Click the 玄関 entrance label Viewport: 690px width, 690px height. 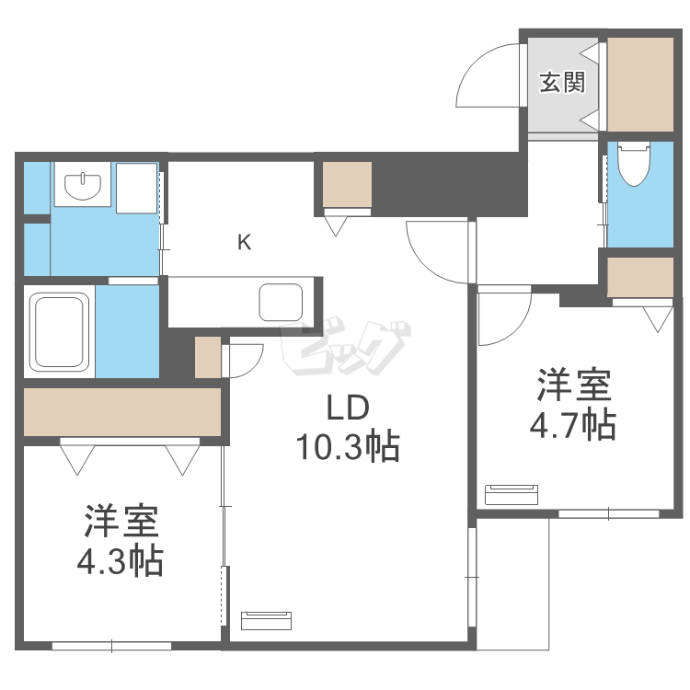562,83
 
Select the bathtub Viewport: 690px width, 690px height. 60,330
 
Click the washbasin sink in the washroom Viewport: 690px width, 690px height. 84,186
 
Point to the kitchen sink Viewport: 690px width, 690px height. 281,302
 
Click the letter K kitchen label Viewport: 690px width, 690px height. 244,243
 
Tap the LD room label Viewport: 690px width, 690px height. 344,407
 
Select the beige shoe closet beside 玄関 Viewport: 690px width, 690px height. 641,84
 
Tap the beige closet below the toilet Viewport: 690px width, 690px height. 640,277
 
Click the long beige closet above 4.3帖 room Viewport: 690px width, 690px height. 122,411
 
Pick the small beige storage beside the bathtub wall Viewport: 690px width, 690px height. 208,358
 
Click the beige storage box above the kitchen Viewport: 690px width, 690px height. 347,185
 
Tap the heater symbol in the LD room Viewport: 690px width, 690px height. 268,619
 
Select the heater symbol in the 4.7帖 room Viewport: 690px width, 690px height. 511,494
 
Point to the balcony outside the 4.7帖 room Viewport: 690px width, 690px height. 512,584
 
